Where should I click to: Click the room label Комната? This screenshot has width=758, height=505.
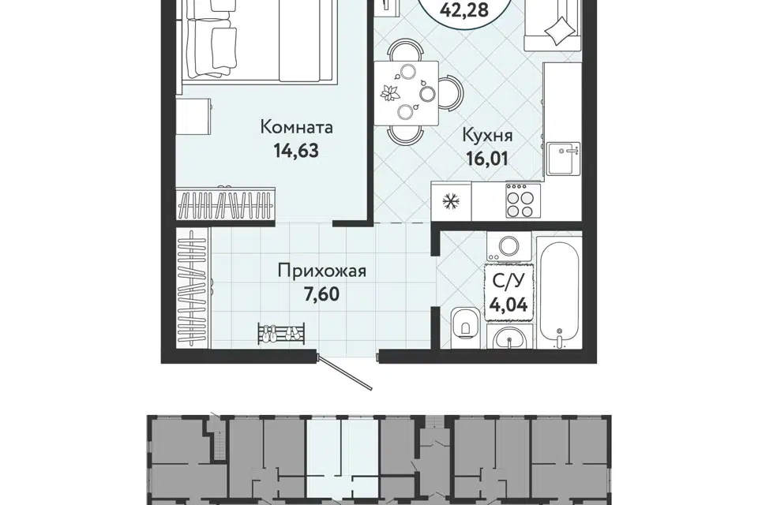[x=297, y=127]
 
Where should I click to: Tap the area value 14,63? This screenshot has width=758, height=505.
[x=296, y=151]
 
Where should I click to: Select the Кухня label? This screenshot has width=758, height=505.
[x=487, y=136]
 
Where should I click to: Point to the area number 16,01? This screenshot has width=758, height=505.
[x=487, y=159]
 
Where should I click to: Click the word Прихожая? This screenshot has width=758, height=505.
[x=322, y=271]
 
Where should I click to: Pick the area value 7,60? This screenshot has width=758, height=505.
[x=321, y=294]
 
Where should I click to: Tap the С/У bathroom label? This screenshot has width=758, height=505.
[x=508, y=282]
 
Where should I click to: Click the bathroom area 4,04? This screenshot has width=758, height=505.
[x=508, y=305]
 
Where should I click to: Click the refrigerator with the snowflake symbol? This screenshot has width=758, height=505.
[x=452, y=201]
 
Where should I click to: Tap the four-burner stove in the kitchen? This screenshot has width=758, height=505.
[x=520, y=200]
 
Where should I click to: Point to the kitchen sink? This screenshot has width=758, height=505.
[x=563, y=158]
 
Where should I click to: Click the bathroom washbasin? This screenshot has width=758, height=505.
[x=509, y=337]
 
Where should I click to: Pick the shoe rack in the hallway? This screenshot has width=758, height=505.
[x=281, y=334]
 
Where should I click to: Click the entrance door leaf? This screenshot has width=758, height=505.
[x=345, y=372]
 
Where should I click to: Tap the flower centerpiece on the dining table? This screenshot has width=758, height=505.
[x=388, y=92]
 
